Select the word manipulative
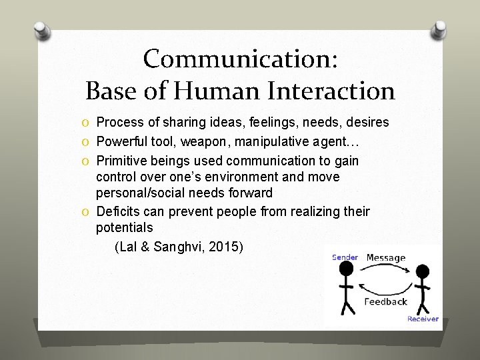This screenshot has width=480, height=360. pos(273,141)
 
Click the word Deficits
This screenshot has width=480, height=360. pos(118,211)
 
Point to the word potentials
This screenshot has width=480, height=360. pos(125,228)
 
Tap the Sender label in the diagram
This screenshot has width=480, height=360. pos(345,257)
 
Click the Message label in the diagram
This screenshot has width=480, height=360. pos(385,257)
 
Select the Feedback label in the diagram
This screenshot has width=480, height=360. pos(385,301)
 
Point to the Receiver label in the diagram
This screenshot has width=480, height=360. pos(423,319)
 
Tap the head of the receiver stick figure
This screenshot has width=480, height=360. pos(422,273)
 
